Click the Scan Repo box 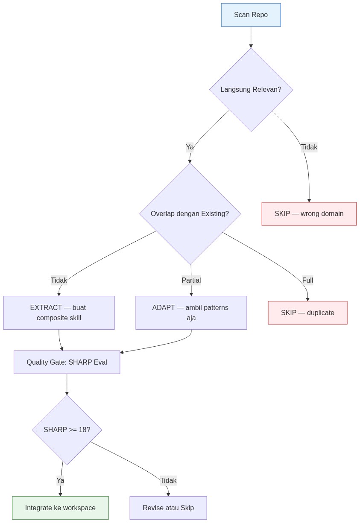[251, 15]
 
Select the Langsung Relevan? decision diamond [251, 89]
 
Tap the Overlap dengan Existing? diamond [190, 213]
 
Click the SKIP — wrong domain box [309, 213]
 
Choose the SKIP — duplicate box [307, 313]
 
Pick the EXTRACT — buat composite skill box [59, 313]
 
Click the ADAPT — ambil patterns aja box [191, 313]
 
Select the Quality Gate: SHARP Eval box [67, 362]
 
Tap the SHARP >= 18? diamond [67, 430]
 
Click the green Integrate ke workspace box [60, 508]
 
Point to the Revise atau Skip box [168, 508]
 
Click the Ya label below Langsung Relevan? [190, 147]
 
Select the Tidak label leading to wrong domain [309, 147]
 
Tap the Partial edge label [191, 280]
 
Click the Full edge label [307, 280]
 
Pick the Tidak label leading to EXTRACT [59, 280]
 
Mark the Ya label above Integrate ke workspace [60, 480]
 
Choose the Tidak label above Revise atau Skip [168, 480]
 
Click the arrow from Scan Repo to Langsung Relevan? [251, 37]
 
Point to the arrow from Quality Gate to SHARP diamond [67, 384]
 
